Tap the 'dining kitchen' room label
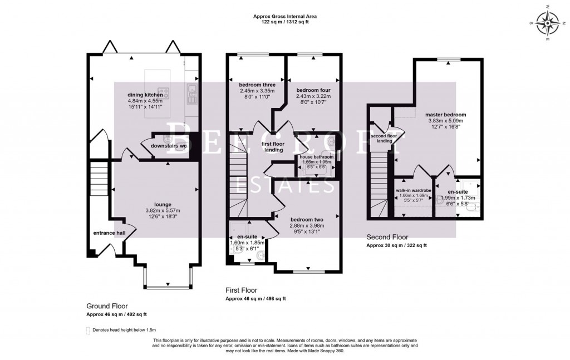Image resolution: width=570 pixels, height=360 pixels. point(146,95)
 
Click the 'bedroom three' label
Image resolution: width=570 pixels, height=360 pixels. point(242,85)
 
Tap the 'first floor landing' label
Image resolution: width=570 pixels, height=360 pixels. point(273,147)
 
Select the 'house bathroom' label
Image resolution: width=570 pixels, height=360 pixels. point(317,157)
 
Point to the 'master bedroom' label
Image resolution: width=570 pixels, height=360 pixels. point(446,115)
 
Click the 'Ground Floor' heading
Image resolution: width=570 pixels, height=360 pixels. point(107,306)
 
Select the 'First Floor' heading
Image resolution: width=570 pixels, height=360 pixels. point(241,290)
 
